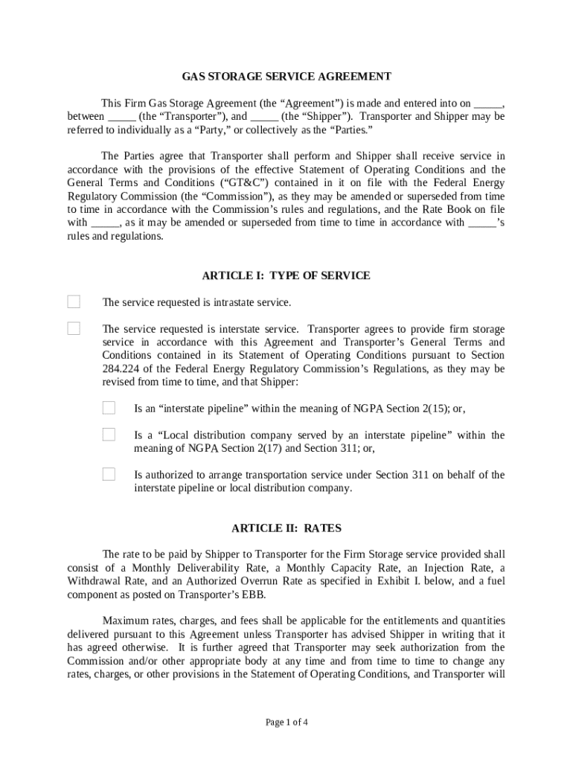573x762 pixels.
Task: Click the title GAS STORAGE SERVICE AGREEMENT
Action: [286, 77]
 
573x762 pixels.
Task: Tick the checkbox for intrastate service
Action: [74, 301]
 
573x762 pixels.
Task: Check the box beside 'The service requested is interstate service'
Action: [74, 328]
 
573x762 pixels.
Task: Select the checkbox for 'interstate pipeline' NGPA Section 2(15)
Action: [109, 408]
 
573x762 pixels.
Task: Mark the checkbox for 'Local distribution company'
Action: [109, 435]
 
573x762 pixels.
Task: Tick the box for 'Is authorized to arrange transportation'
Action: [109, 474]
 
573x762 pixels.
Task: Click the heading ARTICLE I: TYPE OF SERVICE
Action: [286, 275]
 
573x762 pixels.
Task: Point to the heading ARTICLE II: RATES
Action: [286, 528]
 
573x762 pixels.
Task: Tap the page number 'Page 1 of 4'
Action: [286, 722]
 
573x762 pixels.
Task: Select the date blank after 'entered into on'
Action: [488, 103]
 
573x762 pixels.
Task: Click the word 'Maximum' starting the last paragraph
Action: [127, 621]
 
